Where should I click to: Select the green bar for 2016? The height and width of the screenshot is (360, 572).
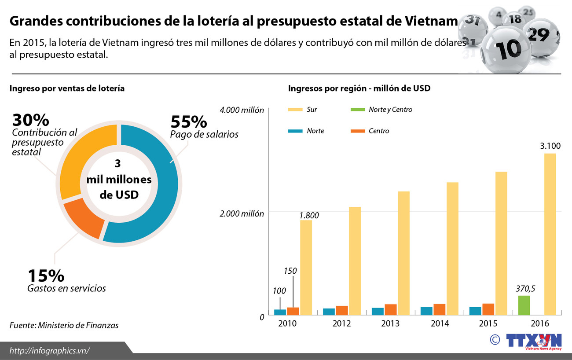tap(524, 305)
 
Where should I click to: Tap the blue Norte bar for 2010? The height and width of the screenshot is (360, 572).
tap(280, 312)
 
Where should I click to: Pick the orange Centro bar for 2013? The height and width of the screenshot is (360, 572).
tap(390, 309)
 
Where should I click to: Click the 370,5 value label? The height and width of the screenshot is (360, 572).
tap(525, 289)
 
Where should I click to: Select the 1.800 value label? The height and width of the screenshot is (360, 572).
tap(309, 215)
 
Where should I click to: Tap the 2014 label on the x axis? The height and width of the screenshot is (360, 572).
tap(440, 323)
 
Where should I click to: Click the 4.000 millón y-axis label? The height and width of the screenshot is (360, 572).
tap(242, 110)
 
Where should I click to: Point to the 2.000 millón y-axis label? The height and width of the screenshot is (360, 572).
tap(242, 213)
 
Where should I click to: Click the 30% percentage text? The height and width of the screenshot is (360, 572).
tap(31, 120)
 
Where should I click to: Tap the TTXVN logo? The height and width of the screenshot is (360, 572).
tap(533, 341)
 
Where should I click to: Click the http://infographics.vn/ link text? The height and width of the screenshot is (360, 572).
tap(50, 350)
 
